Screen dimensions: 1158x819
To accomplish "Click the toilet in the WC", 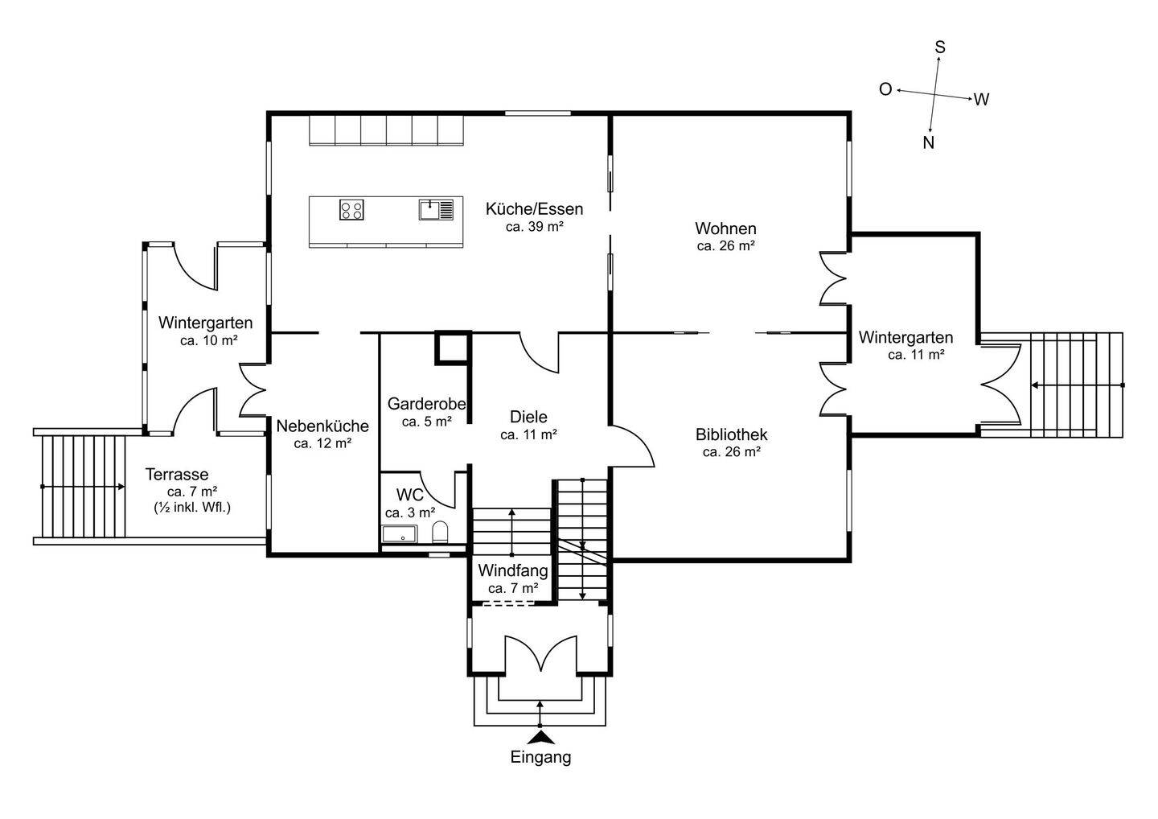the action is point(440,532).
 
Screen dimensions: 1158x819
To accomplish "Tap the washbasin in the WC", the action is point(399,533).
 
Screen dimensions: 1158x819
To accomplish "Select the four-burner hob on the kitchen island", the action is point(351,209).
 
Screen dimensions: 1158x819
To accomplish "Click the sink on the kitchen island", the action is point(437,210).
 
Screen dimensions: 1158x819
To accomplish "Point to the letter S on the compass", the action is point(940,47).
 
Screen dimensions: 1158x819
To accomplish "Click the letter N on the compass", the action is point(929,142).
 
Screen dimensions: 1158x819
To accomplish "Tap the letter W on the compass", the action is point(981,99).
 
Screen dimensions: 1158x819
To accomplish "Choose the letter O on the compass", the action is point(885,89).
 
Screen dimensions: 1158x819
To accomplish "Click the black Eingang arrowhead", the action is point(540,738).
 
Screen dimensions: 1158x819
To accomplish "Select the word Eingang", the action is point(540,757).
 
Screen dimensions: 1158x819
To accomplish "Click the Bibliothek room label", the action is point(731,434).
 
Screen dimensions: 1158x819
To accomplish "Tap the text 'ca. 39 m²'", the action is point(535,226).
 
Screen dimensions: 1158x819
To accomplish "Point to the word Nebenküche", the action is point(322,426).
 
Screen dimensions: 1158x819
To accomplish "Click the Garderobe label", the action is point(426,404).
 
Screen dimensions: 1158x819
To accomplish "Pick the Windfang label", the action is point(513,570).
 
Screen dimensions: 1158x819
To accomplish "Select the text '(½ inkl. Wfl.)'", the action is point(192,507).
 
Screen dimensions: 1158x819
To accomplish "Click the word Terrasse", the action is point(177,474).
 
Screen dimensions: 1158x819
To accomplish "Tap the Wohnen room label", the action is point(726,228).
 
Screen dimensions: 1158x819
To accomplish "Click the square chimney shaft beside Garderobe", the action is point(453,348).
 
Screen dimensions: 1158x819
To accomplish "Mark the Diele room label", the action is point(528,417).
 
